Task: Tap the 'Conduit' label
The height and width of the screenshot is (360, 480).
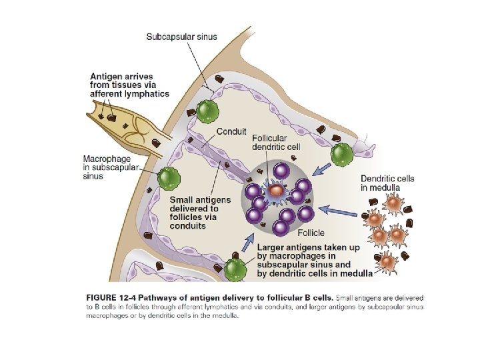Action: coord(233,131)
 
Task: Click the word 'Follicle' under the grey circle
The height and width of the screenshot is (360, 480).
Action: coord(311,233)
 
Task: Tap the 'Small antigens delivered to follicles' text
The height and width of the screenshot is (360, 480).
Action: coord(200,212)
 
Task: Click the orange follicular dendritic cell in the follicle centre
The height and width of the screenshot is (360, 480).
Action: coord(275,191)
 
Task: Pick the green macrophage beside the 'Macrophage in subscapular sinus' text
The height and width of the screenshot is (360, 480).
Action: coord(169,178)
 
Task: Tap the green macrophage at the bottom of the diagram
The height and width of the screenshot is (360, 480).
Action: coord(235,269)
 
